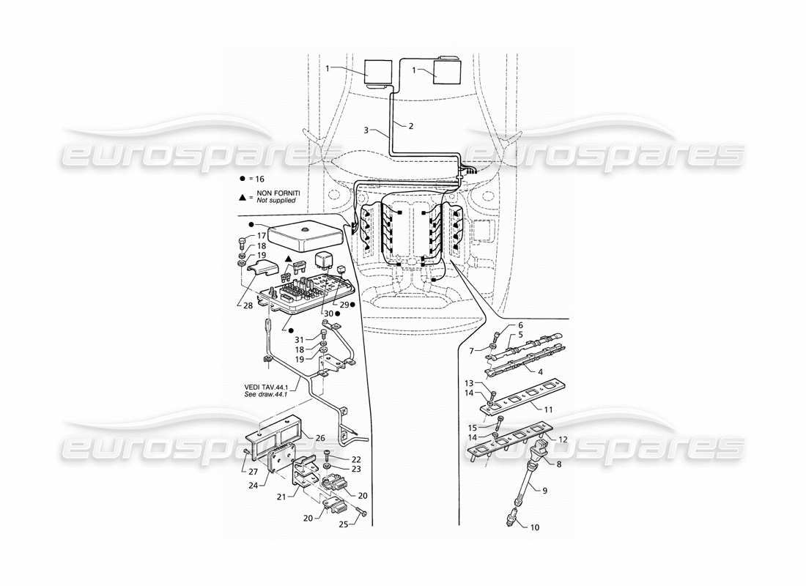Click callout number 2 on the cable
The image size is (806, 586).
[411, 126]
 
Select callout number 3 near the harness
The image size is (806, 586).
[366, 130]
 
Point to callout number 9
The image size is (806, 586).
[544, 492]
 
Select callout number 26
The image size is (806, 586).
[321, 438]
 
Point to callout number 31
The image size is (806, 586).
[298, 339]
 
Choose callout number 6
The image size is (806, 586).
[521, 324]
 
